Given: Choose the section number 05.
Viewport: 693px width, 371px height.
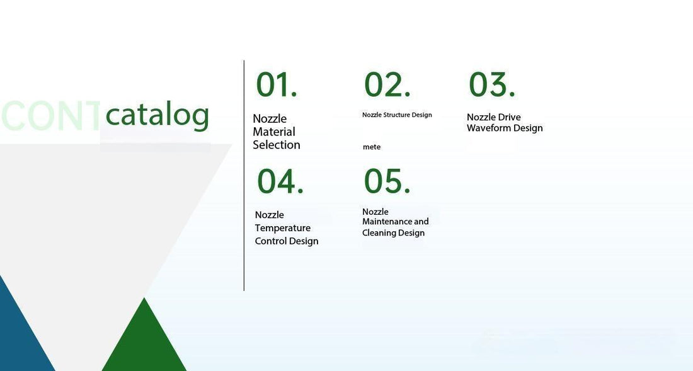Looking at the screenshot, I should coord(387,181).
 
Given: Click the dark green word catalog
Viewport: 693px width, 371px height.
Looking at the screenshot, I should coord(157,115).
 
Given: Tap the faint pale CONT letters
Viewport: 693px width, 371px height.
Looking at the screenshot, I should coord(50,116).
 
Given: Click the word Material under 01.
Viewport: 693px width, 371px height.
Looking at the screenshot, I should coord(274,132).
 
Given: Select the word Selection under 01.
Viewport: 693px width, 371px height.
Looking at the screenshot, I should coord(277,145).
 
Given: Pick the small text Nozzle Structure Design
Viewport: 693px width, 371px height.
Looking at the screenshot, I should coord(397,115).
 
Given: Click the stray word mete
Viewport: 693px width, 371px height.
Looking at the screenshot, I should coord(372,147).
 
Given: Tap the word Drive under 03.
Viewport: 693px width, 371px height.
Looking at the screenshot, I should coord(510,117).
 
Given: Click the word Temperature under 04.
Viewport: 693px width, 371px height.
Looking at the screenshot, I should coord(282,228).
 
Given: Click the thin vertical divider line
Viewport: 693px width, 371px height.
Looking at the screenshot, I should coord(244,176).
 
